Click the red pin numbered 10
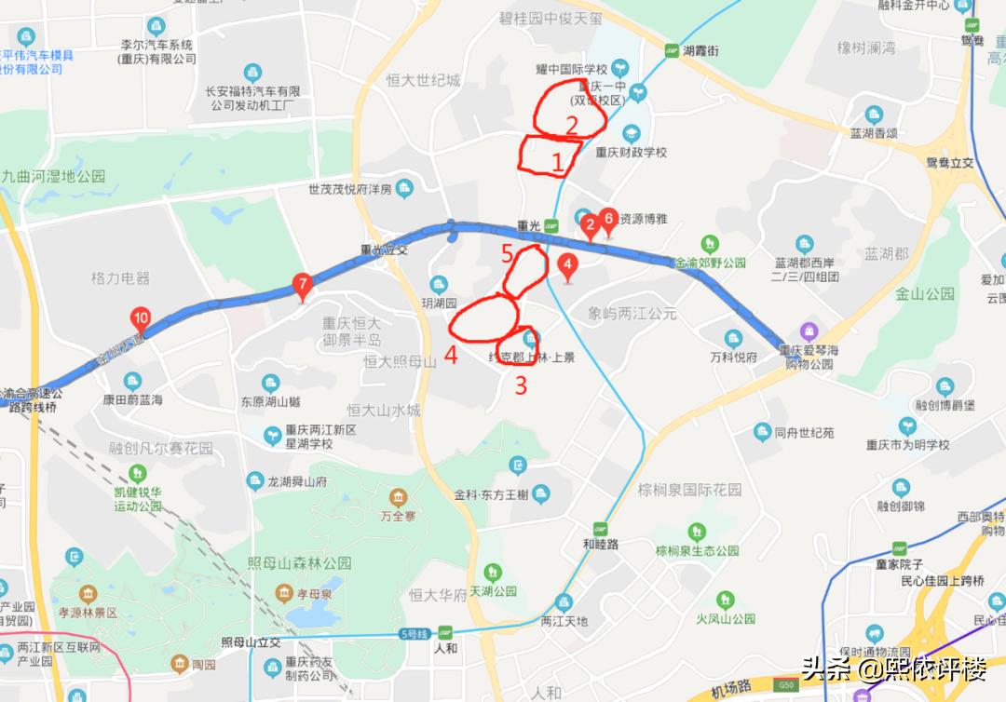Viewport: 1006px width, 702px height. [141, 318]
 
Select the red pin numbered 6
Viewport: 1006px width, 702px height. [608, 219]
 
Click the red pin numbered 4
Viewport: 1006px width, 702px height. [566, 265]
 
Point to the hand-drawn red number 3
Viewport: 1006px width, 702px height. [521, 385]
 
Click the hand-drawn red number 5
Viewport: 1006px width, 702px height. [507, 252]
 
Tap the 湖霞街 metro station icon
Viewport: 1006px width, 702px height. [672, 51]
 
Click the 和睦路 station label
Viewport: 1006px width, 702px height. [601, 544]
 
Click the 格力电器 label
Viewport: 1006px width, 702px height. [120, 278]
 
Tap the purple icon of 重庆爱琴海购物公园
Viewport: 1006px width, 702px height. [809, 331]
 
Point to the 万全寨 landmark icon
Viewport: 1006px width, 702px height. [398, 494]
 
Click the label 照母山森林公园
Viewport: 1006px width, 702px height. [300, 563]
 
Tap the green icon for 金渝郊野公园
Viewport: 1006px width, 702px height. [711, 243]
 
